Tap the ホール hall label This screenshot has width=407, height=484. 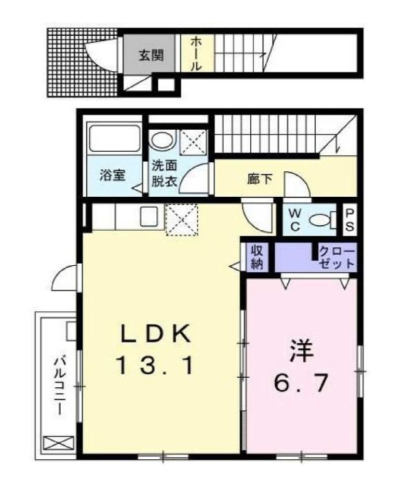tap(196, 55)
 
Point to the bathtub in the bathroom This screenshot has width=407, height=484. tap(114, 141)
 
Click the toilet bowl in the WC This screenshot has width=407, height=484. tap(321, 220)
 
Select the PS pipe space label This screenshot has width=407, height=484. tap(350, 220)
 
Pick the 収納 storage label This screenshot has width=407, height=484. tap(256, 256)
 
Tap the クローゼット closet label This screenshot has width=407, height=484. tap(337, 257)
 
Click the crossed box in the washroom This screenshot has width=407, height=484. tap(191, 143)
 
